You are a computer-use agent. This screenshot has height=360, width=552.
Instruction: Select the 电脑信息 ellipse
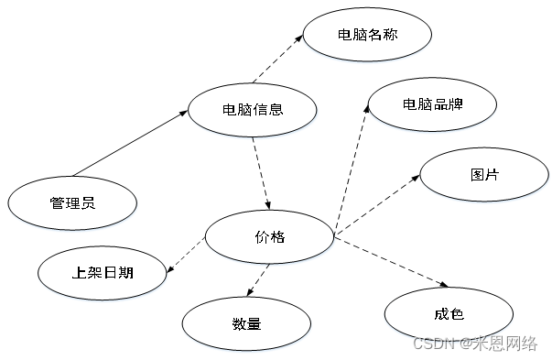coord(253,110)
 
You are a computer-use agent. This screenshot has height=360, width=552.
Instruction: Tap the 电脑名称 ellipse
coord(367,36)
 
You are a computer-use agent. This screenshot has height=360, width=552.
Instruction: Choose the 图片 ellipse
coord(484,174)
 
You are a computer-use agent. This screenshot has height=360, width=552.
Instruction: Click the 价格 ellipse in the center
coord(269,237)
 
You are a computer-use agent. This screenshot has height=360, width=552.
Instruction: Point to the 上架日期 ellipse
coord(103,272)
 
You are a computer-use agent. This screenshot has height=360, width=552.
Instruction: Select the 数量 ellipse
coord(247,323)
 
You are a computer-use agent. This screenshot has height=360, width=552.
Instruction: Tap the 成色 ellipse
coord(449,314)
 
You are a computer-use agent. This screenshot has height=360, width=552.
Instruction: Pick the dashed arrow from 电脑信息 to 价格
coord(260,172)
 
